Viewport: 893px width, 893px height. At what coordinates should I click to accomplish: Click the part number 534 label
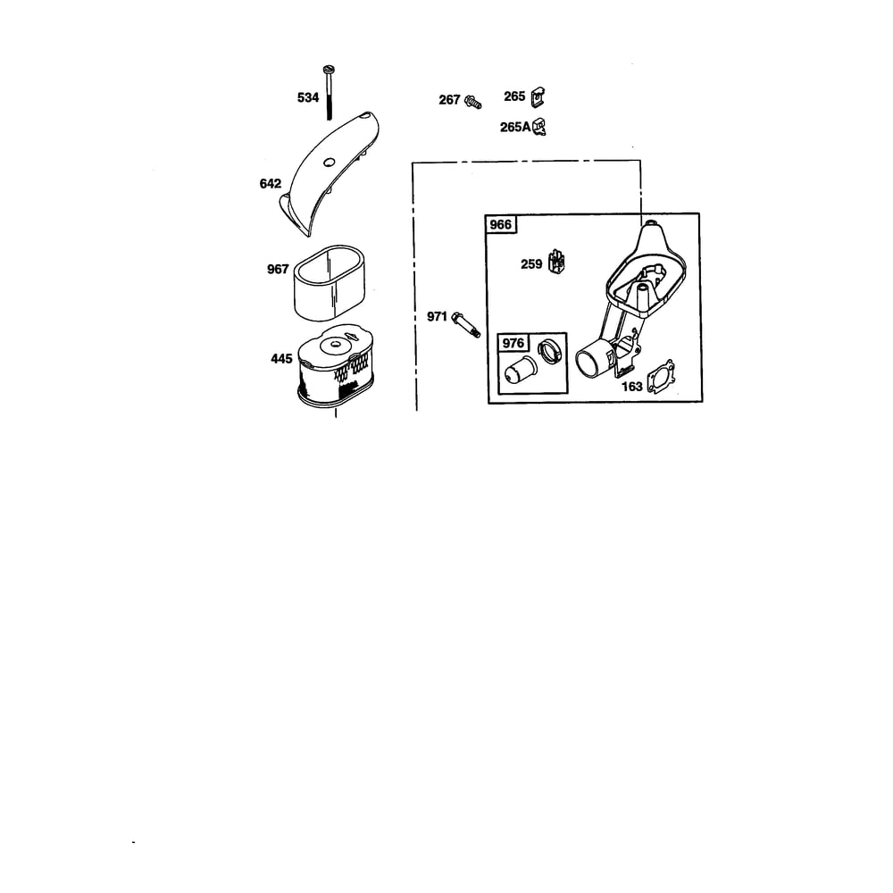307,98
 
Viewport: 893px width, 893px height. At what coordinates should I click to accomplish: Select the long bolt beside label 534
329,93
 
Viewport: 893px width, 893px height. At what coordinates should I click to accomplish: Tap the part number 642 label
270,183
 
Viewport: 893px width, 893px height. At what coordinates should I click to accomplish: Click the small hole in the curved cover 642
329,163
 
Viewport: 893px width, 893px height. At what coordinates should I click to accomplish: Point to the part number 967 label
278,269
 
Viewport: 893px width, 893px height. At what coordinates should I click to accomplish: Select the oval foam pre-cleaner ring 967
330,282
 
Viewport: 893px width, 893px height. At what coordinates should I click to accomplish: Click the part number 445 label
281,359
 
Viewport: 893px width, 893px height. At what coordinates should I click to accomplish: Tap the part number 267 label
449,100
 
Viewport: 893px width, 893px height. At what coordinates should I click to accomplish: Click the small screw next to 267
472,102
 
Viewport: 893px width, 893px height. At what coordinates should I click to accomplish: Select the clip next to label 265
538,96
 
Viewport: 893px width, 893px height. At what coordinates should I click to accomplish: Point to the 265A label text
515,127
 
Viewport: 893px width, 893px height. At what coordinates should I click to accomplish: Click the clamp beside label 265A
539,127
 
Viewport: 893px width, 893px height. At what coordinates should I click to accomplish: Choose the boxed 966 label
501,224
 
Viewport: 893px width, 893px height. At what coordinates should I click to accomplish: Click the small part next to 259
555,262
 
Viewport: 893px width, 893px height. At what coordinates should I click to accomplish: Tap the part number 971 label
438,317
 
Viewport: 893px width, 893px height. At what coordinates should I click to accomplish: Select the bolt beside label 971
466,324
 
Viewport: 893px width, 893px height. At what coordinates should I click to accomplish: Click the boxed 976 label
513,343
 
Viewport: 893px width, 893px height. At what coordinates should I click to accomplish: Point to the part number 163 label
632,387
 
